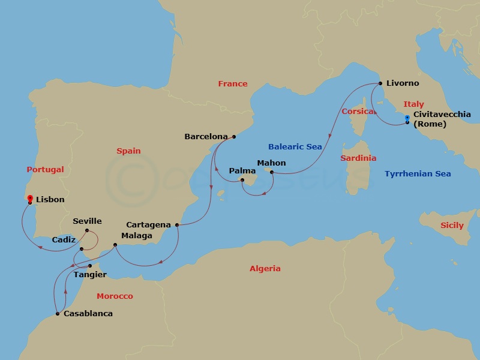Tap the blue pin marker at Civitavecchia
click(x=407, y=119)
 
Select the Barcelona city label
click(x=206, y=136)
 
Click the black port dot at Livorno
click(x=379, y=83)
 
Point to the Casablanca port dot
click(x=57, y=313)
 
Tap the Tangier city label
click(x=91, y=275)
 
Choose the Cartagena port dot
click(x=177, y=225)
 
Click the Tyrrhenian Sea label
click(x=418, y=174)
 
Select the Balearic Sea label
click(x=295, y=146)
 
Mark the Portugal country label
click(x=45, y=169)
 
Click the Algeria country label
click(x=265, y=268)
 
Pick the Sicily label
click(x=452, y=225)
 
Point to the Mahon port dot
click(x=272, y=173)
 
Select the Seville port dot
click(x=88, y=230)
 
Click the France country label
click(x=233, y=83)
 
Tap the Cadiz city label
click(x=64, y=239)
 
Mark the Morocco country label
click(x=115, y=296)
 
